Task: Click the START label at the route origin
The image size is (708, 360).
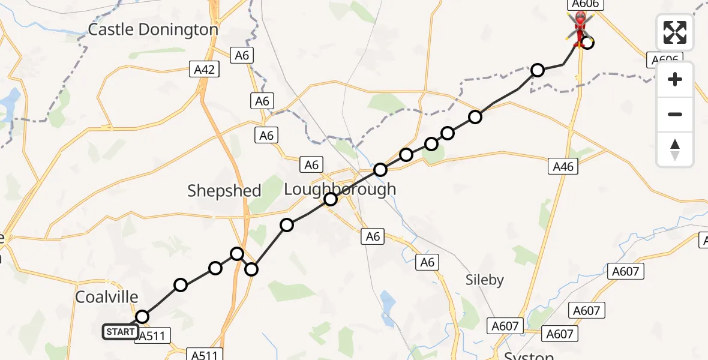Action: pyautogui.click(x=120, y=332)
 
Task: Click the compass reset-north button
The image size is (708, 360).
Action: pyautogui.click(x=675, y=149)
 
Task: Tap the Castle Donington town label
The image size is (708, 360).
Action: pyautogui.click(x=153, y=29)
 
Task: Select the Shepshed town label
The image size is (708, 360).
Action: pyautogui.click(x=224, y=191)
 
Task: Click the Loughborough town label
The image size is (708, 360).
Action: pyautogui.click(x=340, y=189)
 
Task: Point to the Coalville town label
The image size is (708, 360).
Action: pyautogui.click(x=107, y=296)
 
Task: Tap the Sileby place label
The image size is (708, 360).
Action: pyautogui.click(x=485, y=280)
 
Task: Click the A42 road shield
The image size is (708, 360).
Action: pyautogui.click(x=205, y=70)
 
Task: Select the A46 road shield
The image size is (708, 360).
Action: pyautogui.click(x=563, y=167)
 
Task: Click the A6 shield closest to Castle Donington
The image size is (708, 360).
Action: pyautogui.click(x=242, y=56)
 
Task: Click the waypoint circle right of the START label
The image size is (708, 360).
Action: pyautogui.click(x=142, y=317)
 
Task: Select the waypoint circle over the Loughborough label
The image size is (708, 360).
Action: pyautogui.click(x=331, y=199)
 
